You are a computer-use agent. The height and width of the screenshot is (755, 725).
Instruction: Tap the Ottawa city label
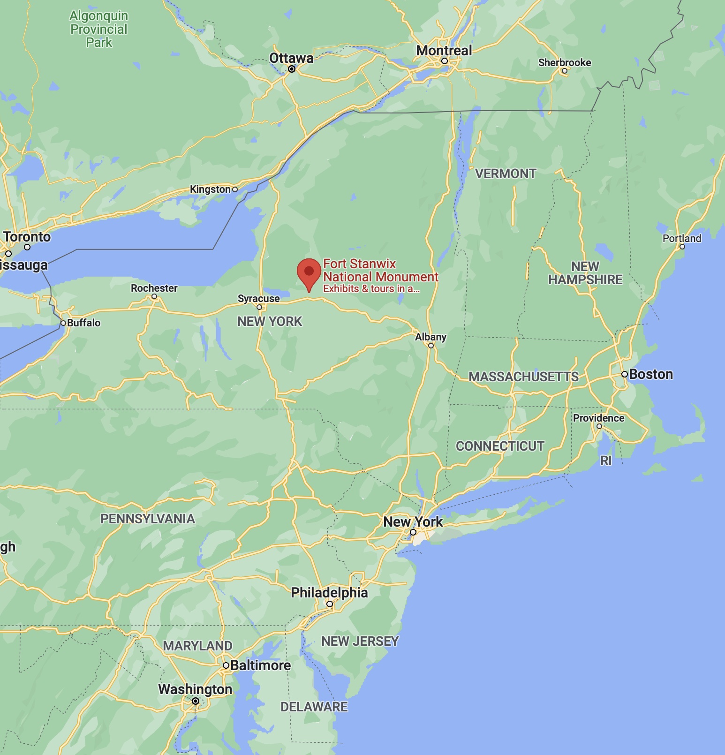[x=291, y=58]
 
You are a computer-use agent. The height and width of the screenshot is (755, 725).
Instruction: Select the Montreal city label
[x=444, y=50]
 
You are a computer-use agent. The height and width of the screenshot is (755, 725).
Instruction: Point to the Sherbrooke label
[x=565, y=63]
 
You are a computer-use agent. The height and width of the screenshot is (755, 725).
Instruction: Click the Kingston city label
[x=210, y=189]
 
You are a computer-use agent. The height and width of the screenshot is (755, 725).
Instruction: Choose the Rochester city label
[x=154, y=288]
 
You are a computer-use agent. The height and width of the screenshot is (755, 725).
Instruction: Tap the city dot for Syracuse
[x=259, y=307]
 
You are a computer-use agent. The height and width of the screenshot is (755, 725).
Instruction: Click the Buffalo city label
[x=83, y=323]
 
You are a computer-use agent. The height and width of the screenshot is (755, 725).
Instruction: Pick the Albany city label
[x=430, y=337]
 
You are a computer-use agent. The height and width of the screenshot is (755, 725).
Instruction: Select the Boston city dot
[x=625, y=374]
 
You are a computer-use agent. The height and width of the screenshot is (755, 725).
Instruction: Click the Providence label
[x=598, y=418]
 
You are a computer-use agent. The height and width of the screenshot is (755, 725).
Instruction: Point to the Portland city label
[x=682, y=238]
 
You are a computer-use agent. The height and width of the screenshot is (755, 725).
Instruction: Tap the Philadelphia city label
[x=329, y=592]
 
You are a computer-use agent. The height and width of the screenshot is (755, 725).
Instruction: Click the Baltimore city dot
[x=226, y=665]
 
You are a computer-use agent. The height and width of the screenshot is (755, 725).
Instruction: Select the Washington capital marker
[x=196, y=702]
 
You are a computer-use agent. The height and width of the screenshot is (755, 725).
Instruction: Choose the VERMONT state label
[x=506, y=174]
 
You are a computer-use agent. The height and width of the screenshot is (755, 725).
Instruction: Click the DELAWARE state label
[x=314, y=707]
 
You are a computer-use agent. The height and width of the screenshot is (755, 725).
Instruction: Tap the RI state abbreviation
[x=606, y=461]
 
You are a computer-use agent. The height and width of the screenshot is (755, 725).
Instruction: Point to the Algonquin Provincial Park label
[x=99, y=29]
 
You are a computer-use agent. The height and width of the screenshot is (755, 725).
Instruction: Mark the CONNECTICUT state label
[x=500, y=446]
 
